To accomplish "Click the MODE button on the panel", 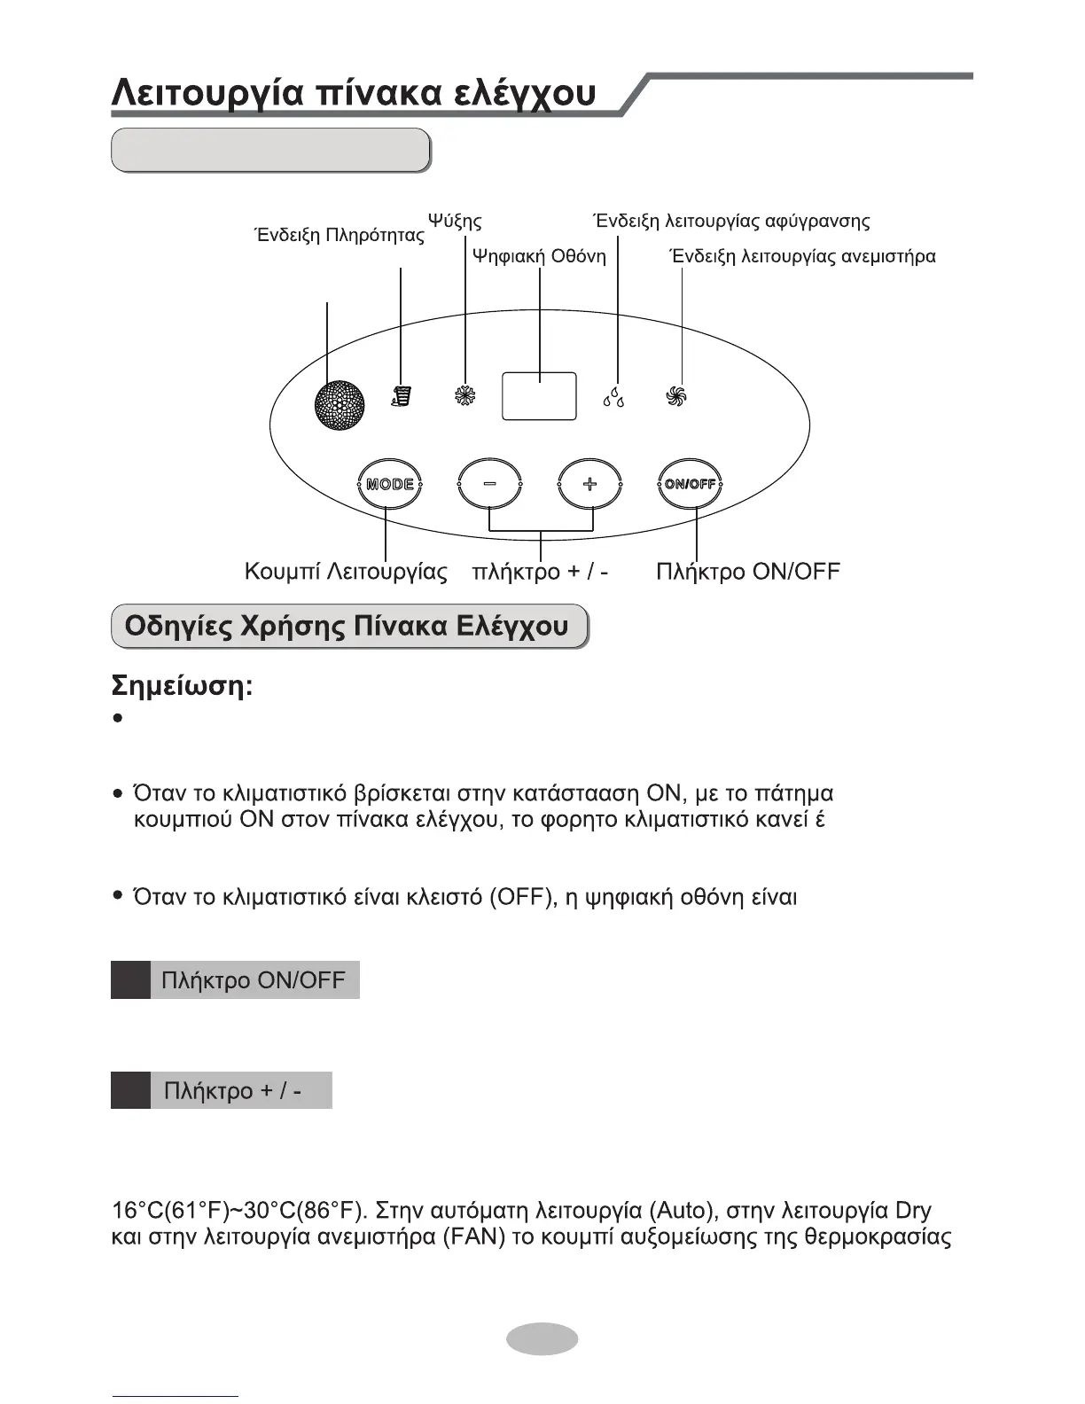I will pos(390,484).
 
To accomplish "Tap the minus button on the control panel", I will pos(489,484).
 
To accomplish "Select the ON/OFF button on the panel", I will pos(691,484).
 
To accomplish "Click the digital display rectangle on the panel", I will pos(539,396).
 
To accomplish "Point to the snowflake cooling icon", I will pos(464,396).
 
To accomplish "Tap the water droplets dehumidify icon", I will pos(613,396).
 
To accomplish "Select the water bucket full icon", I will pos(402,396).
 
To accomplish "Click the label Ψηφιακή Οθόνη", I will pos(539,257).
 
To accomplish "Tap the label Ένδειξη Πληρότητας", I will pos(340,236).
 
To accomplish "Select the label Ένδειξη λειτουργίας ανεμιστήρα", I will pos(803,257).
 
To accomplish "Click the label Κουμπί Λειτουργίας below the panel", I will pos(346,572).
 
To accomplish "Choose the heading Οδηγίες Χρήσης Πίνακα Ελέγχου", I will pos(347,627).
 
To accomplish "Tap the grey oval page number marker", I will pos(542,1338).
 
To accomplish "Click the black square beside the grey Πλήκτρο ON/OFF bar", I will pos(130,980).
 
